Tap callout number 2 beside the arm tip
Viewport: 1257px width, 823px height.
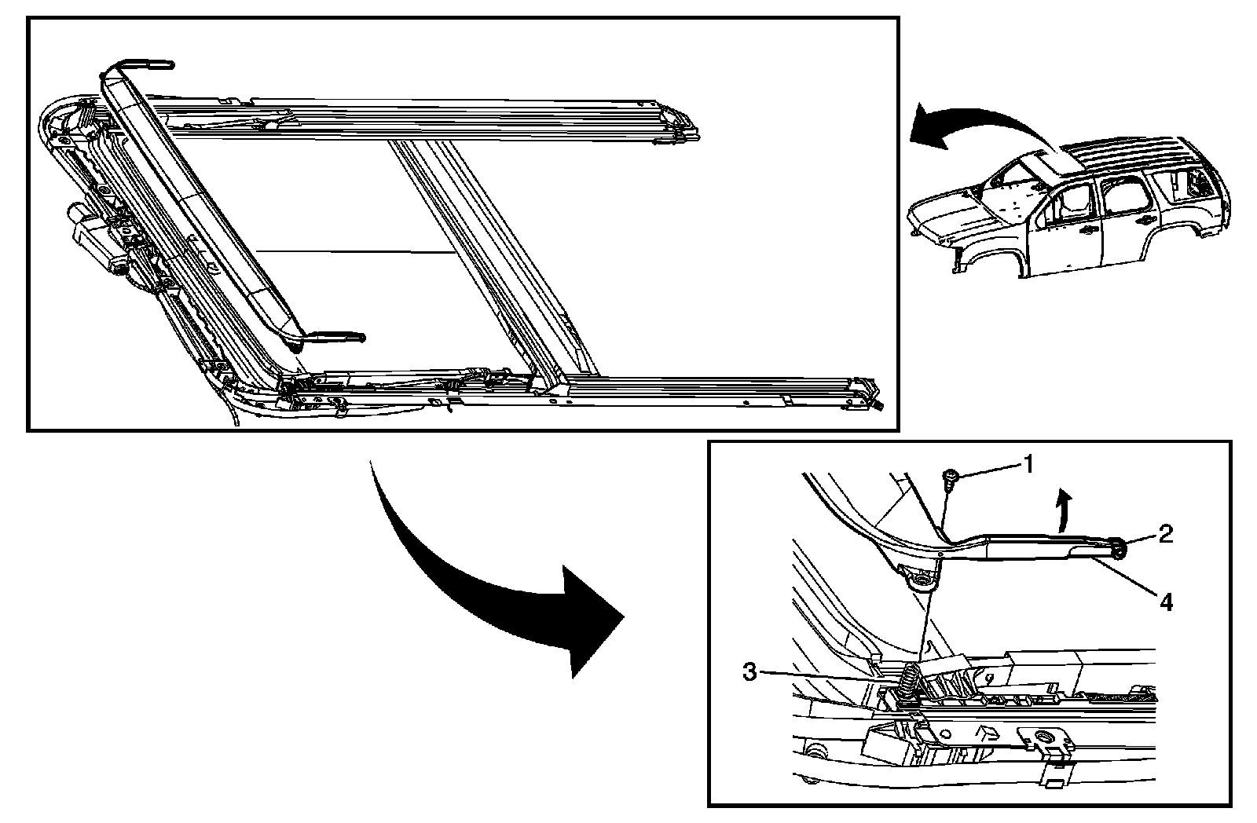pyautogui.click(x=1165, y=536)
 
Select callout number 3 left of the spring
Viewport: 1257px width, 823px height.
pyautogui.click(x=751, y=673)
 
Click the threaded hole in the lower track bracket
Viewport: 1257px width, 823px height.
pyautogui.click(x=1044, y=737)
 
